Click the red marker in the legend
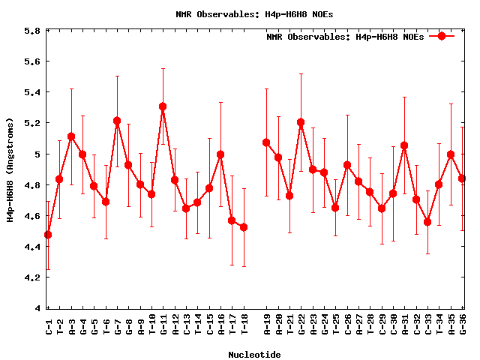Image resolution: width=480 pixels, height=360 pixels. [442, 36]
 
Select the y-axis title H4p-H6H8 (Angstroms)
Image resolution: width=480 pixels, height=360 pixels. [10, 169]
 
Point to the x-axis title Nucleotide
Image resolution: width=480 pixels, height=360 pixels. [255, 355]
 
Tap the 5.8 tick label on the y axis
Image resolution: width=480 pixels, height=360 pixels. [31, 31]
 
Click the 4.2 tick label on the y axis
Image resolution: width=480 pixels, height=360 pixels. [31, 277]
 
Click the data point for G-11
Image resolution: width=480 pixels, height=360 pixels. [163, 106]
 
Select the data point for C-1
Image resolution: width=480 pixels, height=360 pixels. [48, 235]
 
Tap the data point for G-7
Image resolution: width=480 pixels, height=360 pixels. [117, 121]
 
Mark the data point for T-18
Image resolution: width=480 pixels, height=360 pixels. [244, 227]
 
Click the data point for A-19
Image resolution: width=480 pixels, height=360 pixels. [266, 142]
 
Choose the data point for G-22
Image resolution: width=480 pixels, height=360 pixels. [301, 122]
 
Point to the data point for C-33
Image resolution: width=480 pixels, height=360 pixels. [427, 222]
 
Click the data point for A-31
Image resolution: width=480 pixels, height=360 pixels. [404, 145]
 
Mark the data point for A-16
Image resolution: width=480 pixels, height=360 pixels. [220, 154]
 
